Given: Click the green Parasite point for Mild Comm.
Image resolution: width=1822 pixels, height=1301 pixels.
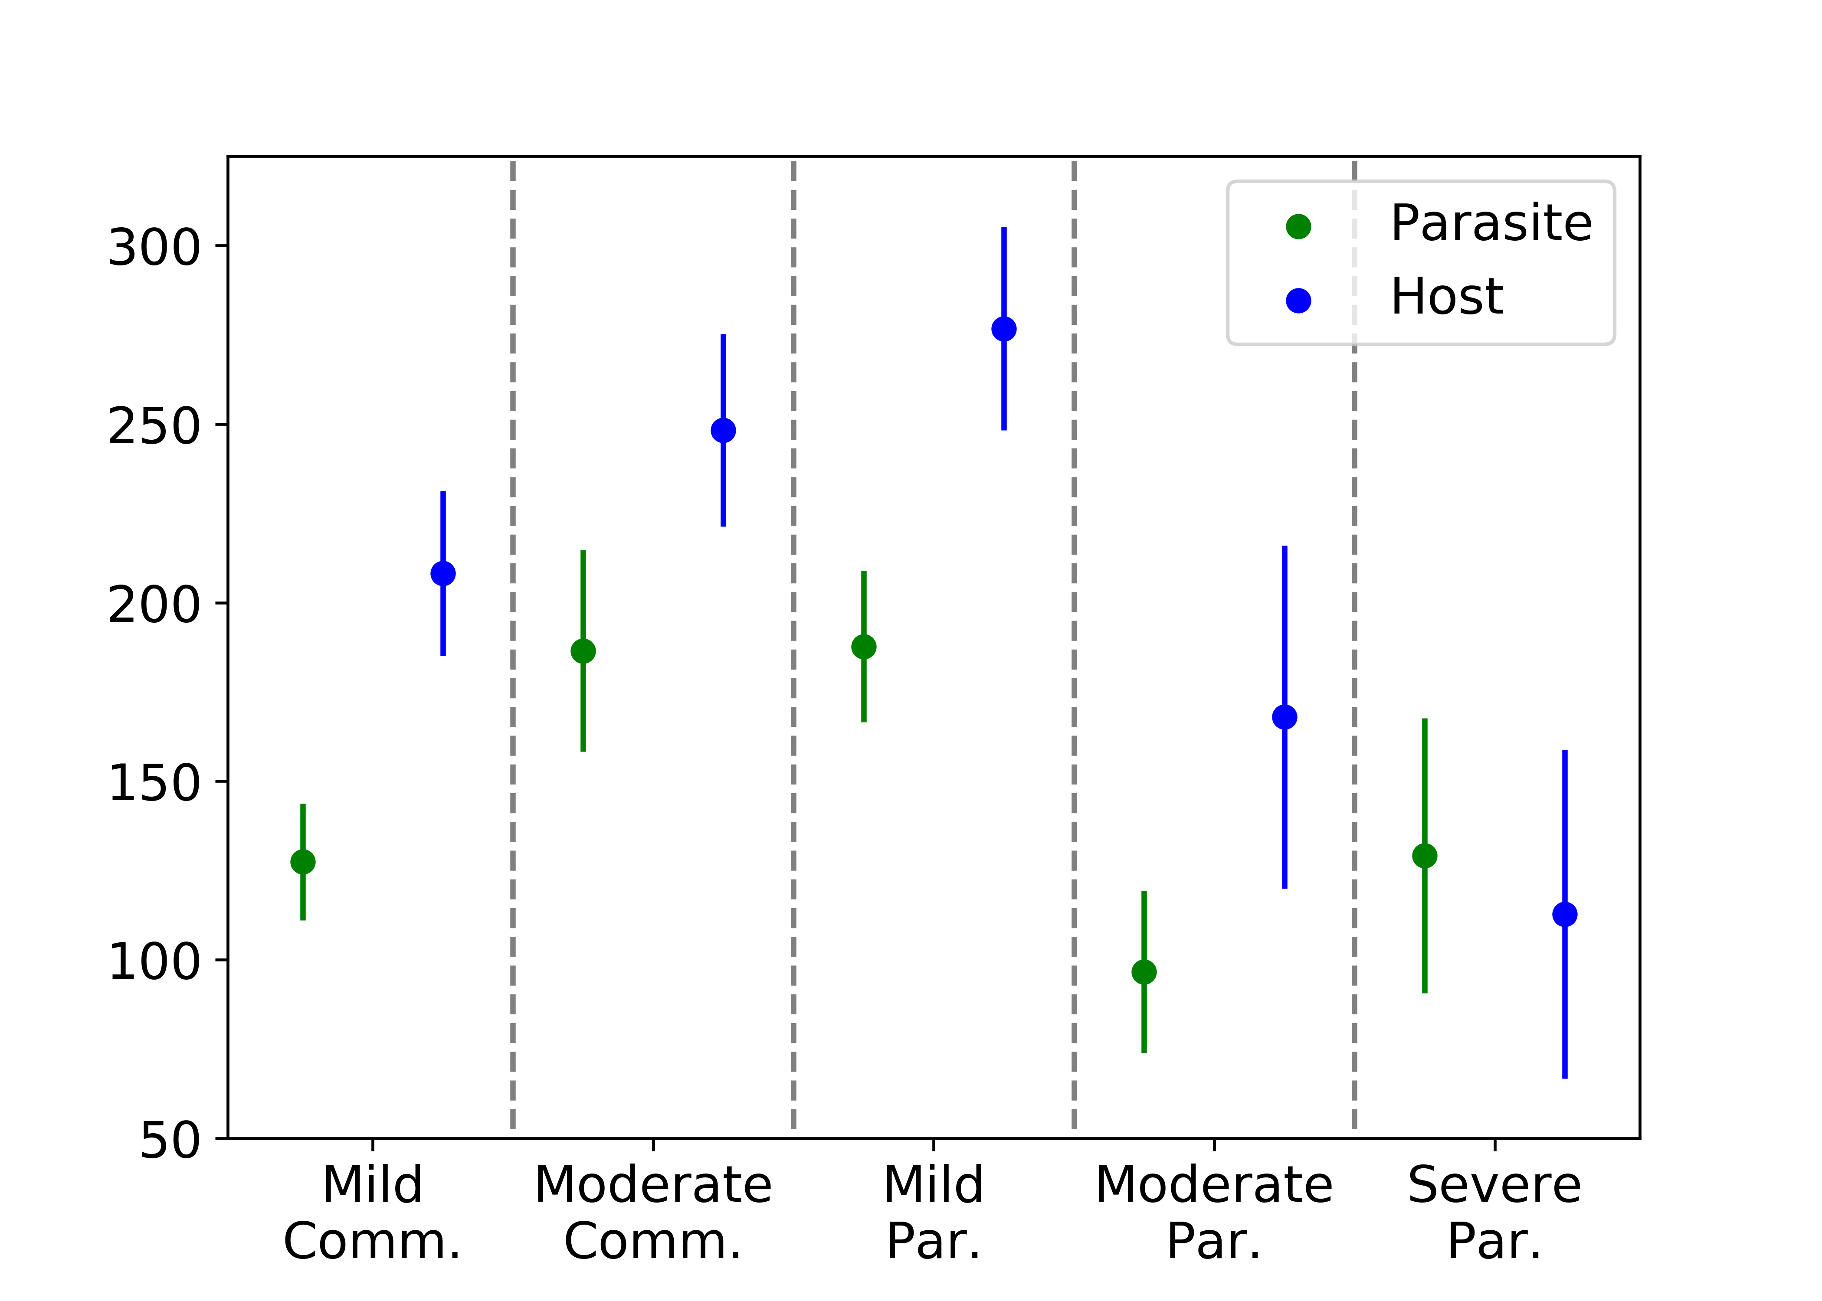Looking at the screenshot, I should pos(303,862).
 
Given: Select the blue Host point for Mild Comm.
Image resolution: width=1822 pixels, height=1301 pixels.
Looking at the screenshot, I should pos(443,574).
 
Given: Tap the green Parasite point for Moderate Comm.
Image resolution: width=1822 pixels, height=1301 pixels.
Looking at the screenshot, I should pos(583,651).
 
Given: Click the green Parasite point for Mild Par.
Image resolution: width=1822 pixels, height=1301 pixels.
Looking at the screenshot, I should pos(864,647).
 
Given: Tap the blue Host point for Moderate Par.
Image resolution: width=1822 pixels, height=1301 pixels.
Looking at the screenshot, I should pos(1285,717).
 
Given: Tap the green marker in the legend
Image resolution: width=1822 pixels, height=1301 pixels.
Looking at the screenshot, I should pos(1298,227).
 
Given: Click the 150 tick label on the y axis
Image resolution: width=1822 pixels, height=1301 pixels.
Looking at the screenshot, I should pos(154,783).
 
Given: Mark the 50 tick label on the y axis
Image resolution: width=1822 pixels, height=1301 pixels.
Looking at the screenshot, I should pos(170,1140).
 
